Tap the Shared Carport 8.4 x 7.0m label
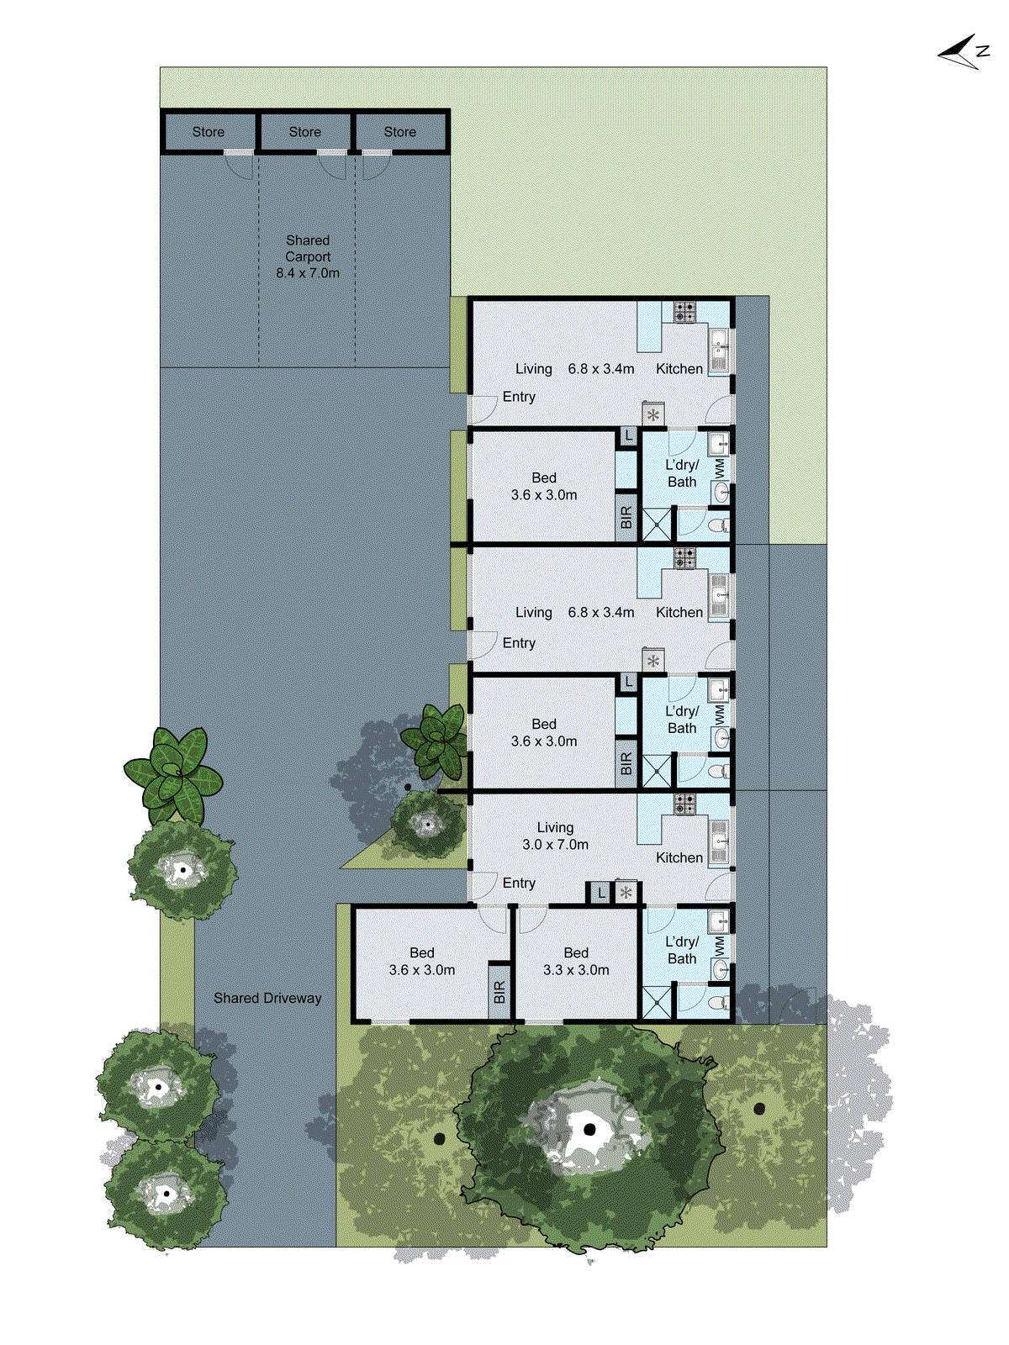pos(308,256)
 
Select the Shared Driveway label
pos(267,998)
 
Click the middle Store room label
pos(304,132)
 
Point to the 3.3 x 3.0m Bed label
pos(576,961)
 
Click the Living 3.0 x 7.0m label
pos(555,836)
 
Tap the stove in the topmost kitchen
pos(684,313)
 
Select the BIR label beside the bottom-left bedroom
pos(499,992)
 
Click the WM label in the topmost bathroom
pos(720,467)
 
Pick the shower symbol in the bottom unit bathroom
pos(657,1003)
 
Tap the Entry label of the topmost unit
pos(519,397)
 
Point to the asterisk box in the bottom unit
pos(626,893)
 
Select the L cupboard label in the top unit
pos(628,435)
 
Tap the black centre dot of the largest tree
pos(589,1129)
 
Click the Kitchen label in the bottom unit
pos(679,857)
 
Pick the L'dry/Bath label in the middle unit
pos(682,720)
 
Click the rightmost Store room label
pos(399,132)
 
